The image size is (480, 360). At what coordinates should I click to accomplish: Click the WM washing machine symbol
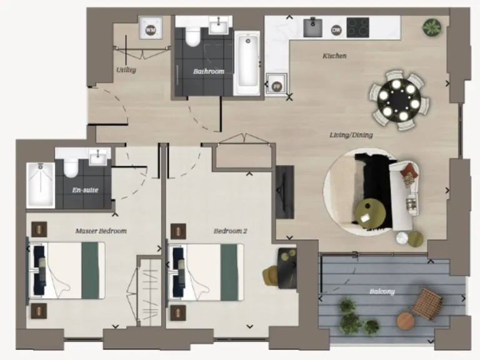150,29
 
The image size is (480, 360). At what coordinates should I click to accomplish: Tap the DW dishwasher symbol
336,29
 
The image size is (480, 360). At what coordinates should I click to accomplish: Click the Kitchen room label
334,56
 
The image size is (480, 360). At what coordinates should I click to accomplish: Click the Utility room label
126,70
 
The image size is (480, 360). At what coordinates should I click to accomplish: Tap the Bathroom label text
208,72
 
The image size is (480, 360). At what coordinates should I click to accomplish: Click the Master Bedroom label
101,231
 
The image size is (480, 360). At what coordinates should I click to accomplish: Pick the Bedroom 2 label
231,231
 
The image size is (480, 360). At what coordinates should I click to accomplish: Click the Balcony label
381,291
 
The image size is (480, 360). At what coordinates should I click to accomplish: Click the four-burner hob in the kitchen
358,27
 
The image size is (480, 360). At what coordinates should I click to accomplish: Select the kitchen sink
312,27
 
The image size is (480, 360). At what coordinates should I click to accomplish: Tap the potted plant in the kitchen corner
431,27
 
